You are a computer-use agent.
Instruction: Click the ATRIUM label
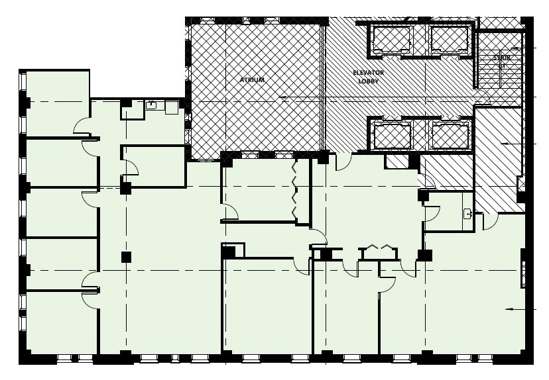click(x=251, y=80)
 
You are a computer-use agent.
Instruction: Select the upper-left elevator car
click(x=391, y=39)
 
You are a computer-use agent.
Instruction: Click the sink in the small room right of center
click(x=467, y=213)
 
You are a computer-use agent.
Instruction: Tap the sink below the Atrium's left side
click(x=151, y=104)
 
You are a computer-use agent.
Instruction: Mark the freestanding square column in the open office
click(x=125, y=257)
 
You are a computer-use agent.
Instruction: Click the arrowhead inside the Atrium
click(x=283, y=98)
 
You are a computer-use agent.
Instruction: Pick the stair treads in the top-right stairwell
click(x=501, y=73)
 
